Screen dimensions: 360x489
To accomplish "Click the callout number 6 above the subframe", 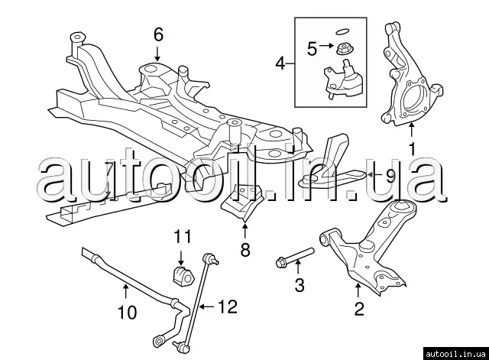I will point(158,34).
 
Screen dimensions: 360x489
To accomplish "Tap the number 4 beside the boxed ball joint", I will point(280,63).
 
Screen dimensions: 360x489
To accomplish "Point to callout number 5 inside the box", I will point(311,49).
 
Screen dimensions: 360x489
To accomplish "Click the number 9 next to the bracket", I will point(390,176).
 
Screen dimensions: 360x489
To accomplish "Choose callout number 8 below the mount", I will point(244,249).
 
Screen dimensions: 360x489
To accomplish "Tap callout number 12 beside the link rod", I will point(228,307).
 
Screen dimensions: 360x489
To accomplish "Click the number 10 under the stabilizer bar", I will point(126,312).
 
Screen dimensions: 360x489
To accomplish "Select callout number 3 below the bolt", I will point(300,286).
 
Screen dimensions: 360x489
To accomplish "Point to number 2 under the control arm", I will point(358,309).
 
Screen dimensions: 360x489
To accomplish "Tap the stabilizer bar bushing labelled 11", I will point(176,273).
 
